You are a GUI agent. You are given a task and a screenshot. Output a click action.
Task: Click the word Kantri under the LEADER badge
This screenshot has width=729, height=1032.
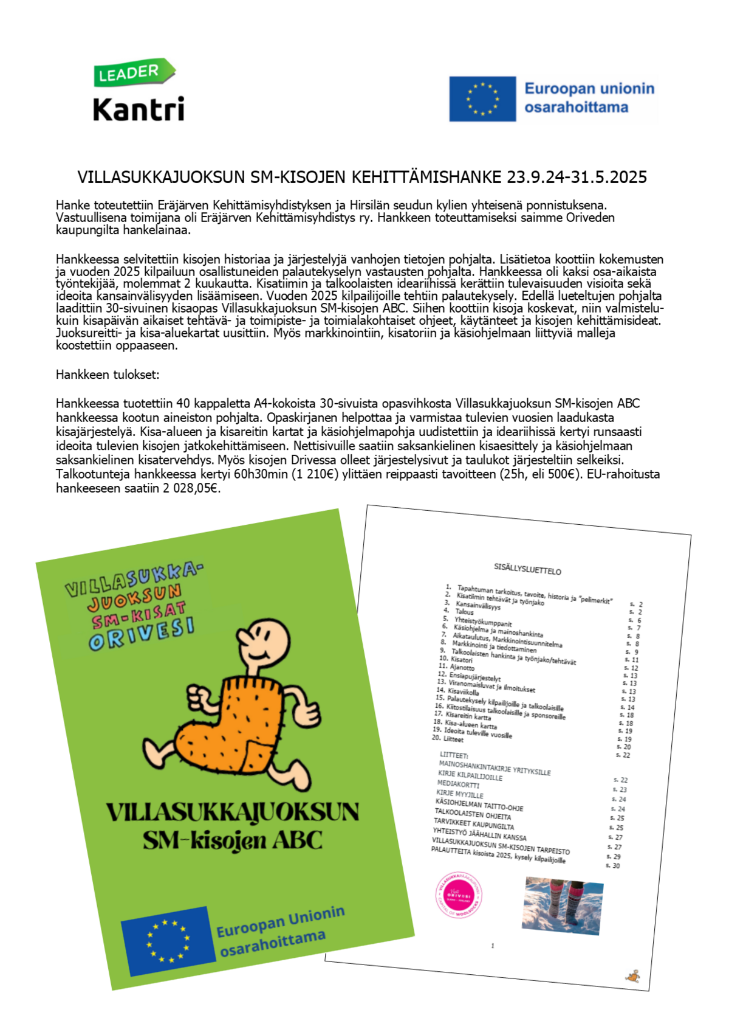point(139,109)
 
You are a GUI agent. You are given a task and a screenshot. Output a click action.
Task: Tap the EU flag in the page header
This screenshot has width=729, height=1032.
point(482,99)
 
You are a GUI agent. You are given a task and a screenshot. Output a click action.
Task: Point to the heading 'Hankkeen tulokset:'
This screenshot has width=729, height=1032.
point(108,375)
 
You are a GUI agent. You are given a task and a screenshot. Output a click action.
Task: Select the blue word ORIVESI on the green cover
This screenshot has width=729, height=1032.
point(142,634)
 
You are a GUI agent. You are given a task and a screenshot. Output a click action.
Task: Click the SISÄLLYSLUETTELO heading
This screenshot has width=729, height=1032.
point(527,569)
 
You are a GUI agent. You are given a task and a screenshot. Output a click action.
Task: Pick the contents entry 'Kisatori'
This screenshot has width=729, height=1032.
point(461,660)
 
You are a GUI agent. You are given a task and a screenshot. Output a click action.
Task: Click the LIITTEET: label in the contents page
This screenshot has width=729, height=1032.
point(454,755)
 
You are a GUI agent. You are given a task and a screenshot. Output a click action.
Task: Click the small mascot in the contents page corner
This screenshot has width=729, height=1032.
point(633,977)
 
